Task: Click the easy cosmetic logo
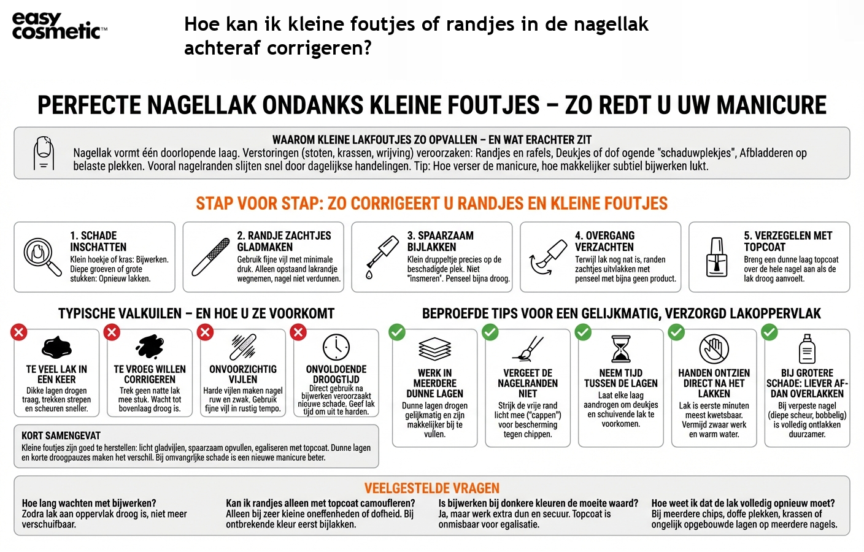(x=58, y=26)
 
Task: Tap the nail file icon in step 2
(x=210, y=257)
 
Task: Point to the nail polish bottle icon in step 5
(x=716, y=257)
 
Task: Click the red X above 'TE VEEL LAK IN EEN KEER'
(x=19, y=332)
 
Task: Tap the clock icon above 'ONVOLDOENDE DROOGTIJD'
(x=336, y=347)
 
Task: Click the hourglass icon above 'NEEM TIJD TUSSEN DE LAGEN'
(x=621, y=348)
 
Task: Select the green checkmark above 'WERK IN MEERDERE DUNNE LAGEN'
(x=397, y=332)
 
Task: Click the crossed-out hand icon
(x=714, y=349)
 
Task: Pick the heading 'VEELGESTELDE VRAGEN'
(x=432, y=488)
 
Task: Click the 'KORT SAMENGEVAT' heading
(x=61, y=435)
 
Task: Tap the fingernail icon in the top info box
(x=44, y=153)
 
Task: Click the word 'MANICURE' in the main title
(x=771, y=105)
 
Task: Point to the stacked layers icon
(x=434, y=349)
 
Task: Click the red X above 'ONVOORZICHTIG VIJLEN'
(x=205, y=332)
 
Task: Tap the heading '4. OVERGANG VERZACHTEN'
(x=604, y=241)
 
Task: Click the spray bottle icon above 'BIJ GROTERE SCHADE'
(x=807, y=348)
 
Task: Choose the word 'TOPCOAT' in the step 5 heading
(x=765, y=247)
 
